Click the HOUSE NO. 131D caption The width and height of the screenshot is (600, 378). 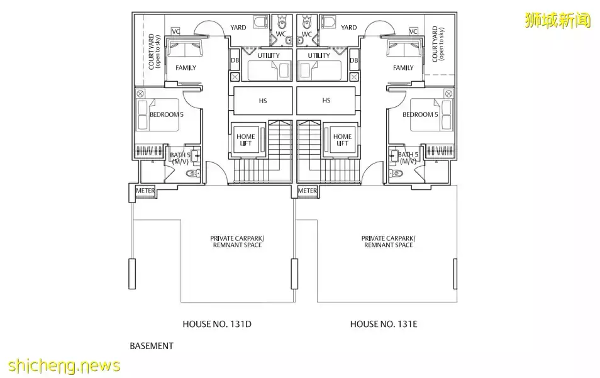point(217,324)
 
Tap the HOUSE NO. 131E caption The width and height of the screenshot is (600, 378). point(384,324)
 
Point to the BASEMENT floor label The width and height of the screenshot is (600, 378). point(152,346)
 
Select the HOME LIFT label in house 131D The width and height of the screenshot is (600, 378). point(246,140)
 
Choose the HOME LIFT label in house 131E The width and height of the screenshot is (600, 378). point(342,140)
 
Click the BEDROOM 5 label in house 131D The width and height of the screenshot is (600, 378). point(167,114)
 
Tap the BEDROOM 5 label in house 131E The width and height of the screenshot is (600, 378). point(420,114)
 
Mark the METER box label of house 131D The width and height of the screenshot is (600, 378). point(145,191)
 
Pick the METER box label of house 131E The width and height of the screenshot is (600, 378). point(308,191)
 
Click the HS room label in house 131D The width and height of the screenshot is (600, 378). point(263,101)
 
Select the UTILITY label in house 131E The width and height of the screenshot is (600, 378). point(319,55)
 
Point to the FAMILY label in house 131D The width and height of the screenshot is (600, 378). point(186,68)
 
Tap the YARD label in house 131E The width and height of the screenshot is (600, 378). point(348,28)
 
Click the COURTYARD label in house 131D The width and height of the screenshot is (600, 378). point(154,52)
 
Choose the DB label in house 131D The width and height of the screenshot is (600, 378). point(235,60)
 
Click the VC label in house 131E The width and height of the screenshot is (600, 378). point(413,31)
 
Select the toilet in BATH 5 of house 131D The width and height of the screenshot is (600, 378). point(193,174)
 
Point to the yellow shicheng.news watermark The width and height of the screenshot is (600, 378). point(64,366)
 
